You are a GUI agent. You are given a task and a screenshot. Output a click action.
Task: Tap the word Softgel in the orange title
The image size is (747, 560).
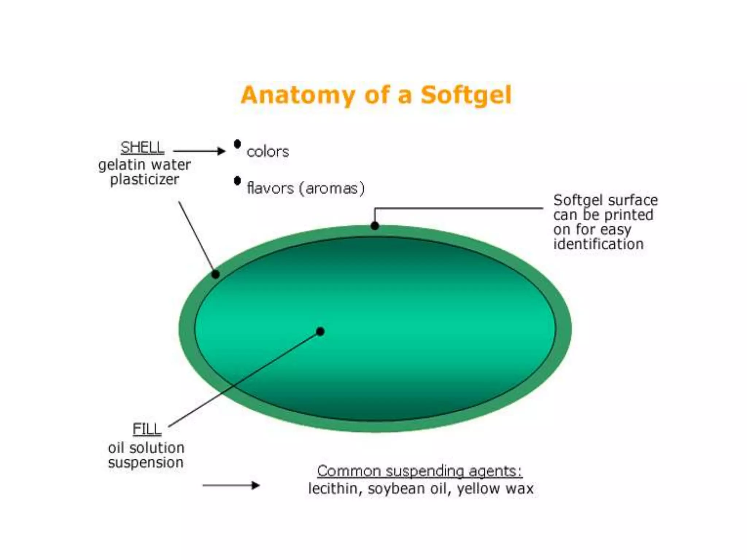pyautogui.click(x=466, y=95)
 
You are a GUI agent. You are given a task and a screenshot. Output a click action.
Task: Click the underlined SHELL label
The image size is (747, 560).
pyautogui.click(x=142, y=148)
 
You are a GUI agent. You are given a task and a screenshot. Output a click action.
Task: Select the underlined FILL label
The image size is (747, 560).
pyautogui.click(x=147, y=429)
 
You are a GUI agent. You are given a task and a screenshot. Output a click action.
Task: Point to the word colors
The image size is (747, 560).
pyautogui.click(x=268, y=152)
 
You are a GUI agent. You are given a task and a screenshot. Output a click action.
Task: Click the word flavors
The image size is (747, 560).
pyautogui.click(x=270, y=188)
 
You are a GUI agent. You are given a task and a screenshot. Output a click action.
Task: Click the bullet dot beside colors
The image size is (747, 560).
pyautogui.click(x=237, y=144)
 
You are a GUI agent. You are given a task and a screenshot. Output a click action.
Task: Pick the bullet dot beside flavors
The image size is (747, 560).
pyautogui.click(x=237, y=180)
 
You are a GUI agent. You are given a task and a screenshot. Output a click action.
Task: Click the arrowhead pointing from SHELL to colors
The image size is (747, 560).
pyautogui.click(x=221, y=151)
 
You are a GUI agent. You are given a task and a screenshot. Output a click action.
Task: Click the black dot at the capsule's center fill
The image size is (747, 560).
pyautogui.click(x=320, y=331)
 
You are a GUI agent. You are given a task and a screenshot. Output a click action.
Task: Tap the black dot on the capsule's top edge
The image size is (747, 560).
pyautogui.click(x=375, y=226)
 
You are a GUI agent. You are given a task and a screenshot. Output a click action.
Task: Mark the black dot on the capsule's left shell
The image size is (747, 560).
pyautogui.click(x=216, y=274)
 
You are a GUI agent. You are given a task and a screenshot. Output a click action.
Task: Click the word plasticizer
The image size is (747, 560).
pyautogui.click(x=144, y=179)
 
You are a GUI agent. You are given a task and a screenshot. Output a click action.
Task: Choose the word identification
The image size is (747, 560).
pyautogui.click(x=598, y=244)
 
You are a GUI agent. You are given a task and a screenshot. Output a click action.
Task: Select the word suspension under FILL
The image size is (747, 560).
pyautogui.click(x=146, y=463)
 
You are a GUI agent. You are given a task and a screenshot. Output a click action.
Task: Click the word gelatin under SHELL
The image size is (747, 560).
pyautogui.click(x=122, y=165)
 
